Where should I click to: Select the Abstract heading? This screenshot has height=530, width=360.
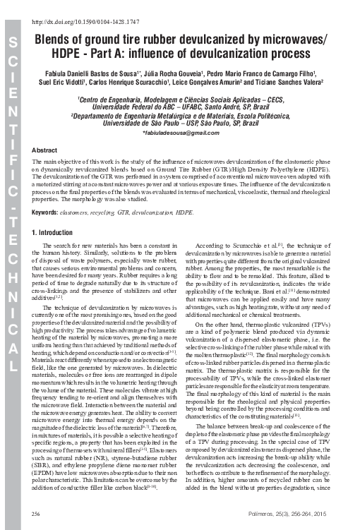coord(45,150)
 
